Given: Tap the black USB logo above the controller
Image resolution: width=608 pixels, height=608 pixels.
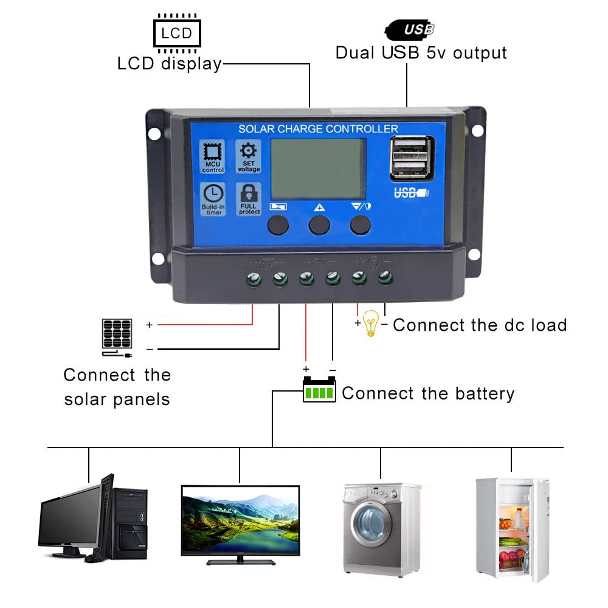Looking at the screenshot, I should pyautogui.click(x=410, y=29).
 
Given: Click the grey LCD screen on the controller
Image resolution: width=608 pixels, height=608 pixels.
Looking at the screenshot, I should pyautogui.click(x=318, y=168).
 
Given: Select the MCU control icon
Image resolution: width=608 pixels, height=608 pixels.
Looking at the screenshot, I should pyautogui.click(x=213, y=156).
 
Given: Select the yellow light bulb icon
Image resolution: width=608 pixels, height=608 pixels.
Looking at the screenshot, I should pyautogui.click(x=370, y=323).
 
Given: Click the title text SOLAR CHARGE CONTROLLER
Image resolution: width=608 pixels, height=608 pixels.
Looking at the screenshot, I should pyautogui.click(x=318, y=129).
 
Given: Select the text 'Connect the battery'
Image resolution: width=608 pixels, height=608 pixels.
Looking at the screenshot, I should pyautogui.click(x=428, y=393).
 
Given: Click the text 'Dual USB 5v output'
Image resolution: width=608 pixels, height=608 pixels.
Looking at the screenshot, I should pyautogui.click(x=421, y=53).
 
